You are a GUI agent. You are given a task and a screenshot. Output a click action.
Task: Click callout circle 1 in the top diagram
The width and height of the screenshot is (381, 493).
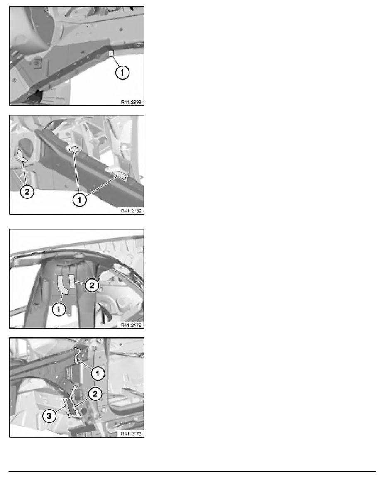tap(122, 73)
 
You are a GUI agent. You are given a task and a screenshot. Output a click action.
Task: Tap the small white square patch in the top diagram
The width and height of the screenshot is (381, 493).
tap(111, 54)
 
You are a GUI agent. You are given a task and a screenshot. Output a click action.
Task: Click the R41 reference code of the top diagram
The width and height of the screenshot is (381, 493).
tap(131, 102)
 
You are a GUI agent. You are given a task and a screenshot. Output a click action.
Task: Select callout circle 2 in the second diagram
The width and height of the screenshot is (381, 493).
tap(27, 191)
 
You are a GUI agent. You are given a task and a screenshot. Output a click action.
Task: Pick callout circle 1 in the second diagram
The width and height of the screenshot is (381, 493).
tap(80, 199)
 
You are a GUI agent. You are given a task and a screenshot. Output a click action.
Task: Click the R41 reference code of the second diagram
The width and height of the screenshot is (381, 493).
tap(131, 211)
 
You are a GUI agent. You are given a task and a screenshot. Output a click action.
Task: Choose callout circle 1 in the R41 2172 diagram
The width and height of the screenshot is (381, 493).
tap(59, 310)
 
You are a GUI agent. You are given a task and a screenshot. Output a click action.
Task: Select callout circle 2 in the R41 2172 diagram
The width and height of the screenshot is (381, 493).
tap(92, 285)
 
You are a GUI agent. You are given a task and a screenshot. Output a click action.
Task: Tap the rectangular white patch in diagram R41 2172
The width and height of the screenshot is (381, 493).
tap(72, 281)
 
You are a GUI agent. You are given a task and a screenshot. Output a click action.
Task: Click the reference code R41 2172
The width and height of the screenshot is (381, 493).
tap(131, 325)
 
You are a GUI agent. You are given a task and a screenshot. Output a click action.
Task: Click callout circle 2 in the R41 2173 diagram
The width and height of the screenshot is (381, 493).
tap(95, 394)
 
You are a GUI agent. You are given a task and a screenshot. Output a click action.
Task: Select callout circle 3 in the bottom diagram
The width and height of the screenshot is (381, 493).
tap(49, 416)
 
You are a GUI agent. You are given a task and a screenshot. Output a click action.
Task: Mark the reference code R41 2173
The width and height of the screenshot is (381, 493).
tap(131, 434)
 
